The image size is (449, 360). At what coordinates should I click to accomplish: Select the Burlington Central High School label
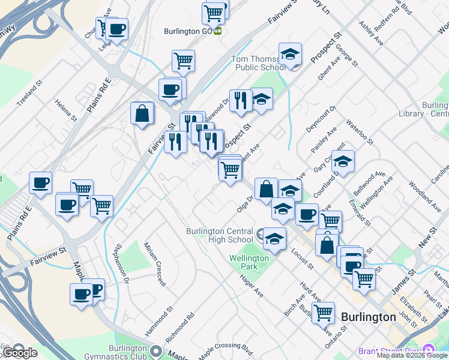[x=220, y=235]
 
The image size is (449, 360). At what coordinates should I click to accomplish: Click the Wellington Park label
[x=249, y=262]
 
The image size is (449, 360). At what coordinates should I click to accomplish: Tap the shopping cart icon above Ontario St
[x=323, y=312]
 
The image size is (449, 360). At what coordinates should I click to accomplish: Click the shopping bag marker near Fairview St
[x=142, y=113]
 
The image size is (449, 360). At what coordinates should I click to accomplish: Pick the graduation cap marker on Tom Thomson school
[x=290, y=54]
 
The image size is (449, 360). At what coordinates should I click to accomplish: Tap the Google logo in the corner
[x=19, y=352]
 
